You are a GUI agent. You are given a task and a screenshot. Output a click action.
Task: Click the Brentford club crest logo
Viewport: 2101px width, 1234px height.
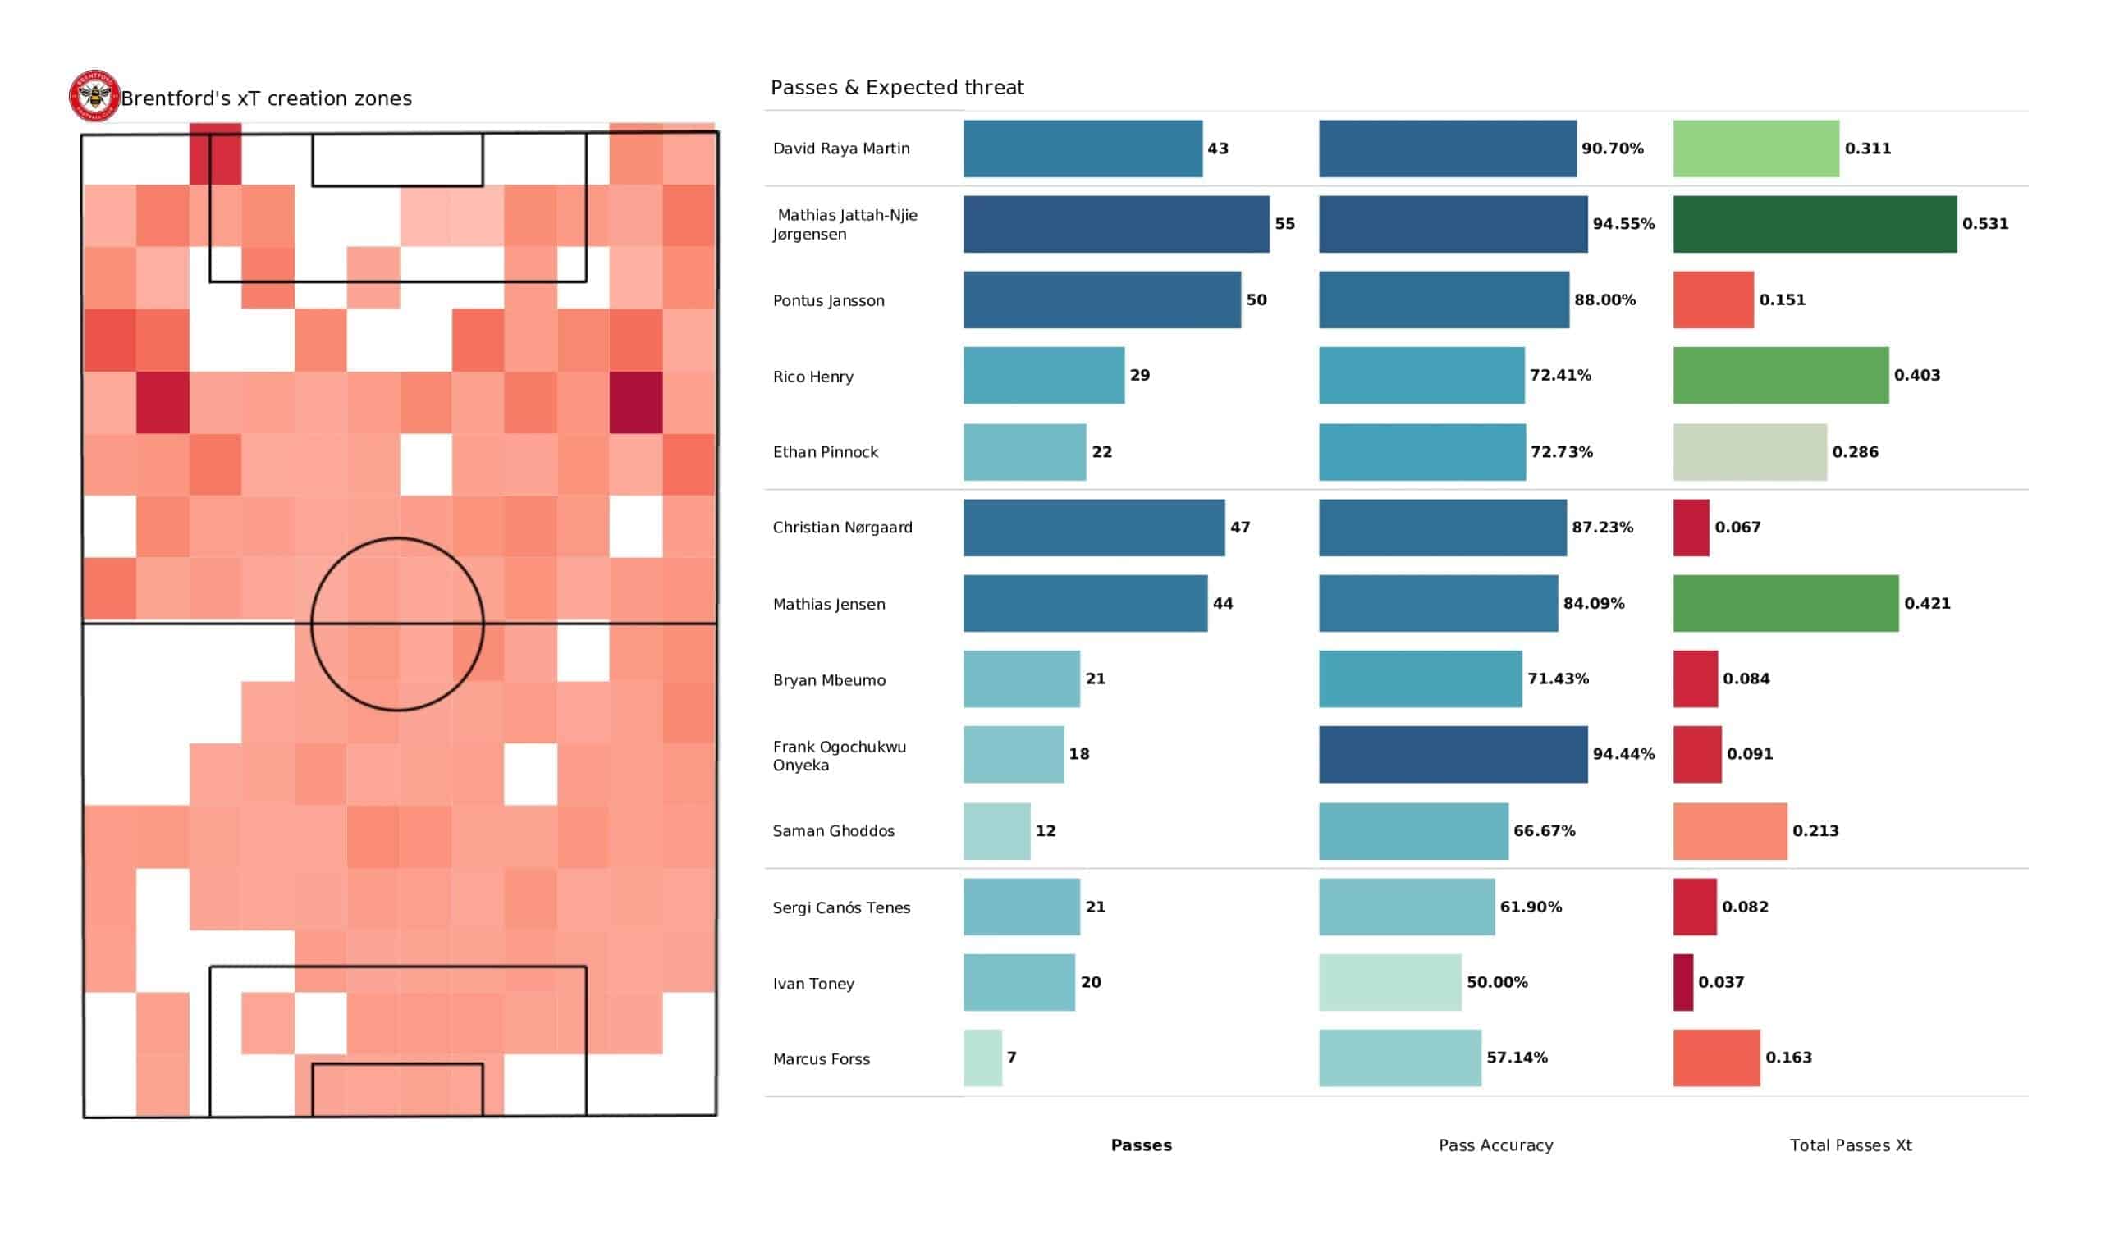pos(94,96)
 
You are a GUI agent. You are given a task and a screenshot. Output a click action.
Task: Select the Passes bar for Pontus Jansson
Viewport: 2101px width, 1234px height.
pos(1101,299)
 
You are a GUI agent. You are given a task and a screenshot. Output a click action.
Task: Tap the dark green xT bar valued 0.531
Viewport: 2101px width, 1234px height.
pos(1815,223)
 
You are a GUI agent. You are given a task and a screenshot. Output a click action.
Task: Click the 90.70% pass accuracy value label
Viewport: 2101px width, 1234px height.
pos(1612,149)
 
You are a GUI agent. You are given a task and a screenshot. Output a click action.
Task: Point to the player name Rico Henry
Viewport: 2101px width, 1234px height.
pos(812,377)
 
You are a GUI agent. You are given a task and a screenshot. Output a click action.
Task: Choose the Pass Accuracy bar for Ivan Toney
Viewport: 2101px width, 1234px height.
pos(1389,982)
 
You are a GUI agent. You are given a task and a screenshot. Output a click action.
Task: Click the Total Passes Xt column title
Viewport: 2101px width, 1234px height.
pos(1850,1145)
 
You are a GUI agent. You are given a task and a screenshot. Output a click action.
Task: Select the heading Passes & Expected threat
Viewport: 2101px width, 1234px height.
pos(896,88)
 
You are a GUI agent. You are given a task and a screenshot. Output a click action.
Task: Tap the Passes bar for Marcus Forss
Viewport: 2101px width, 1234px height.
pos(982,1058)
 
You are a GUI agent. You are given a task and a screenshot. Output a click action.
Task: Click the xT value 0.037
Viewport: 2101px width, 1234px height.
pos(1721,982)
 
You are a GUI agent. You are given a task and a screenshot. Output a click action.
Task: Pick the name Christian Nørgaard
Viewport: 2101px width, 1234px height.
pos(842,528)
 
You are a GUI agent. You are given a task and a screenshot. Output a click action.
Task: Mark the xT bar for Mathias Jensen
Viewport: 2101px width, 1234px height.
pos(1785,603)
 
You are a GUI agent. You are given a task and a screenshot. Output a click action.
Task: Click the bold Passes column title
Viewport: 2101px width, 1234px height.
pos(1141,1145)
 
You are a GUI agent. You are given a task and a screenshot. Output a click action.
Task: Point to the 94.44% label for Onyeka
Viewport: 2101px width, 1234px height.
pos(1623,754)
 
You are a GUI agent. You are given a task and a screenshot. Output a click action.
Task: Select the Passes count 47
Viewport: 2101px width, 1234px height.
pos(1240,527)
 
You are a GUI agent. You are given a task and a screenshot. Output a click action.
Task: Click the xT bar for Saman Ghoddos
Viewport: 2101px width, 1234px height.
pos(1729,830)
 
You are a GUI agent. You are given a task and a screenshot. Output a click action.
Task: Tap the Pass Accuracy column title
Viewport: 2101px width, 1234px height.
pos(1495,1145)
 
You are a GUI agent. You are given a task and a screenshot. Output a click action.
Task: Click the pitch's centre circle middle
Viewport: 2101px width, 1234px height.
pos(398,624)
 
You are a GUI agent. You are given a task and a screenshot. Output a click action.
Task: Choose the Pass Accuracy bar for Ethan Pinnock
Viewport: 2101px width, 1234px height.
pos(1421,452)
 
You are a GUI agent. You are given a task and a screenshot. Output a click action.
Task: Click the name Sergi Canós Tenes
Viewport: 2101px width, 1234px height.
pos(841,907)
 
